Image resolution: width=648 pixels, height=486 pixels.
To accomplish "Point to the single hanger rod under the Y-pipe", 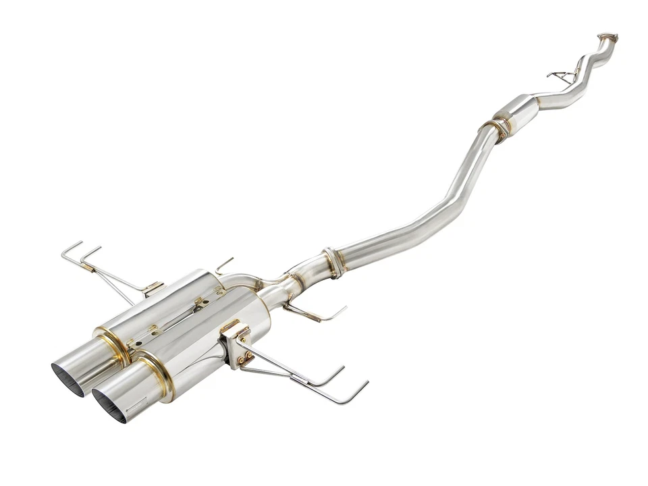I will coord(317,315).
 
